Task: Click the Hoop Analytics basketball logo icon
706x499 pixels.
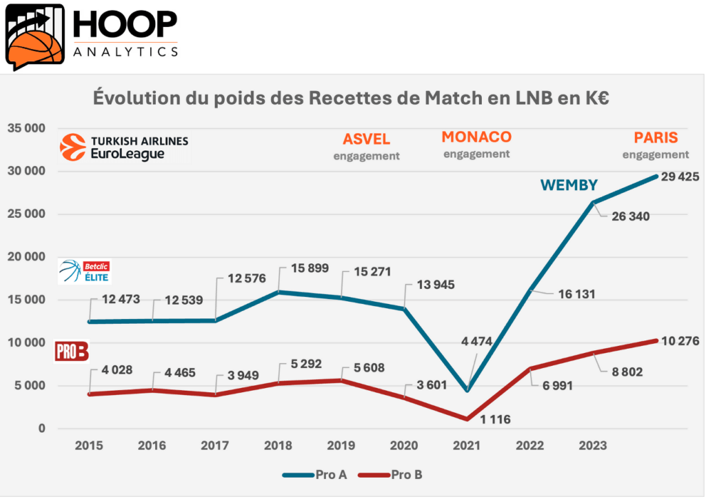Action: point(35,36)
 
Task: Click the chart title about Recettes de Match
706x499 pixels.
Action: point(352,98)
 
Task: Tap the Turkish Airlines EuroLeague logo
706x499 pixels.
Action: point(124,147)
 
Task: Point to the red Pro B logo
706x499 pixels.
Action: point(72,352)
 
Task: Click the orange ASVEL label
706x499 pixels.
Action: point(366,139)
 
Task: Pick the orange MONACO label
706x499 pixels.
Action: point(476,136)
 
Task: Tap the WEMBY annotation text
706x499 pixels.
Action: point(568,185)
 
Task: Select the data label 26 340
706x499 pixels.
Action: point(630,216)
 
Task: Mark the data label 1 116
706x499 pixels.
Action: point(490,418)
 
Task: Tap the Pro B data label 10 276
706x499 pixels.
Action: point(680,340)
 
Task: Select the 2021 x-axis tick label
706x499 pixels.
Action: point(467,446)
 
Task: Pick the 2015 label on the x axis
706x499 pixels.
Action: point(89,446)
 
